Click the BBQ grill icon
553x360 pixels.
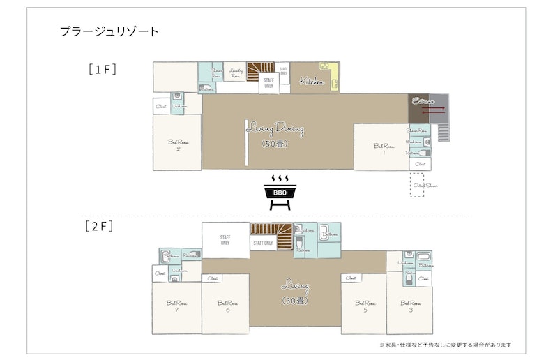(280, 192)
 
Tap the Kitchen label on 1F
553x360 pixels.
(312, 82)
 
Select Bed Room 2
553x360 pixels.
(178, 144)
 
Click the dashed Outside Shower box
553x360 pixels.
(417, 185)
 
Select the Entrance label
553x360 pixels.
(419, 100)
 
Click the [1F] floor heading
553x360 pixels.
(102, 69)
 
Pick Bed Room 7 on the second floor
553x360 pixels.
(176, 305)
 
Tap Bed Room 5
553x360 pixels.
(365, 305)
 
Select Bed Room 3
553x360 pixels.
(411, 305)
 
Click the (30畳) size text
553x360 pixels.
(295, 301)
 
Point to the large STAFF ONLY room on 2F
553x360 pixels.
(225, 241)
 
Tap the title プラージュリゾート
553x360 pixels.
(109, 31)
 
